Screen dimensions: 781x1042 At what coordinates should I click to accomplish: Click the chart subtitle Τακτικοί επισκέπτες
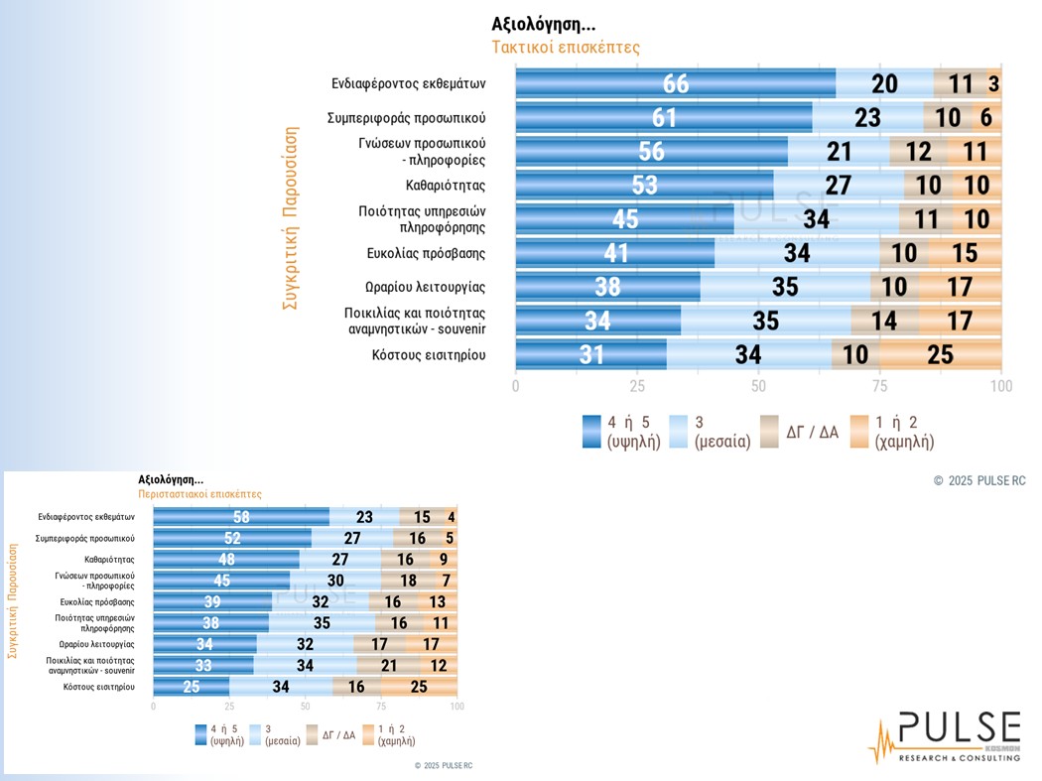[x=566, y=48]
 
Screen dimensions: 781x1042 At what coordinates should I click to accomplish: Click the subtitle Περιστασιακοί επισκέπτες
[x=199, y=493]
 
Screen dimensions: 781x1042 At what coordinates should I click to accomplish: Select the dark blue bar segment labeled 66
[x=675, y=83]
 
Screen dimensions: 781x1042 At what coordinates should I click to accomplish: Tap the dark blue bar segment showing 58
[x=241, y=517]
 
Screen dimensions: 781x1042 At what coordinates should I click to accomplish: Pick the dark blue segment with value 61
[x=664, y=117]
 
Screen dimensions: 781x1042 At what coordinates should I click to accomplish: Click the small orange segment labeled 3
[x=993, y=83]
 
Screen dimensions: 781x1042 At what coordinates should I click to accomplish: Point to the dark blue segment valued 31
[x=590, y=354]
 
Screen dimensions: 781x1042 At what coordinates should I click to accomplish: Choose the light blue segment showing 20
[x=884, y=83]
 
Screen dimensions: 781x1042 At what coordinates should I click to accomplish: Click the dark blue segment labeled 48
[x=226, y=560]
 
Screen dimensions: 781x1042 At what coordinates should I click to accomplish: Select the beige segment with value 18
[x=407, y=581]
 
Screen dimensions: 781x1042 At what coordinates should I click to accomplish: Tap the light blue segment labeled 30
[x=335, y=581]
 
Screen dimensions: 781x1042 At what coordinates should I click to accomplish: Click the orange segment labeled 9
[x=444, y=560]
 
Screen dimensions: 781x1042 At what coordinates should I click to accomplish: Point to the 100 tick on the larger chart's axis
[x=1001, y=386]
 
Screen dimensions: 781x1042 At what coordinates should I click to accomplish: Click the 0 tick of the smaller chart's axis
[x=153, y=708]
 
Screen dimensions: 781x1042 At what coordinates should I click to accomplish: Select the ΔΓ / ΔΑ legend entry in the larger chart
[x=798, y=432]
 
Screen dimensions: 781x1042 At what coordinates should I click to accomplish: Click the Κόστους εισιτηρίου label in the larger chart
[x=429, y=354]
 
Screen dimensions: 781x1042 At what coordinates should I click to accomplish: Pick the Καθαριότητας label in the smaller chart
[x=108, y=560]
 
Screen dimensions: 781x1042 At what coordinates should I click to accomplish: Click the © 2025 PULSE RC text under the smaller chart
[x=444, y=766]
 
